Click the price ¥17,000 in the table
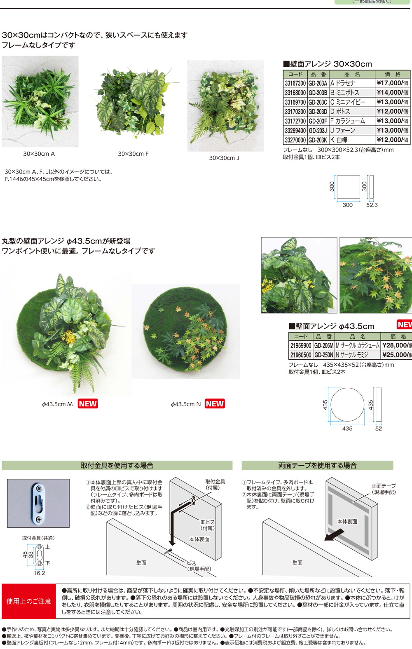(x=392, y=83)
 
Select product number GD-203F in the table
(x=318, y=121)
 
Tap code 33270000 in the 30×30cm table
(x=295, y=140)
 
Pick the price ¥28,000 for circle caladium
(x=396, y=346)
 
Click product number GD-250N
(x=324, y=355)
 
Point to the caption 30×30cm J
(x=224, y=158)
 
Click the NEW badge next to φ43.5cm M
(x=88, y=404)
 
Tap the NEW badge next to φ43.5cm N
(x=215, y=404)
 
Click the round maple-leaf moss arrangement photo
(x=185, y=331)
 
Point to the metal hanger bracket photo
(x=38, y=503)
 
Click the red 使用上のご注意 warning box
(x=29, y=601)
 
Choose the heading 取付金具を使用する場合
(x=117, y=466)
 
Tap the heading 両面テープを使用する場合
(x=317, y=466)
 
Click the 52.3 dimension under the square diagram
(x=372, y=205)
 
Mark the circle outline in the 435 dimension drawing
(x=347, y=405)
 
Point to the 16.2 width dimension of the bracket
(x=39, y=573)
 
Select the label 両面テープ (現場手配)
(x=384, y=489)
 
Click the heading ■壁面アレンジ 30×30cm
(x=328, y=64)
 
